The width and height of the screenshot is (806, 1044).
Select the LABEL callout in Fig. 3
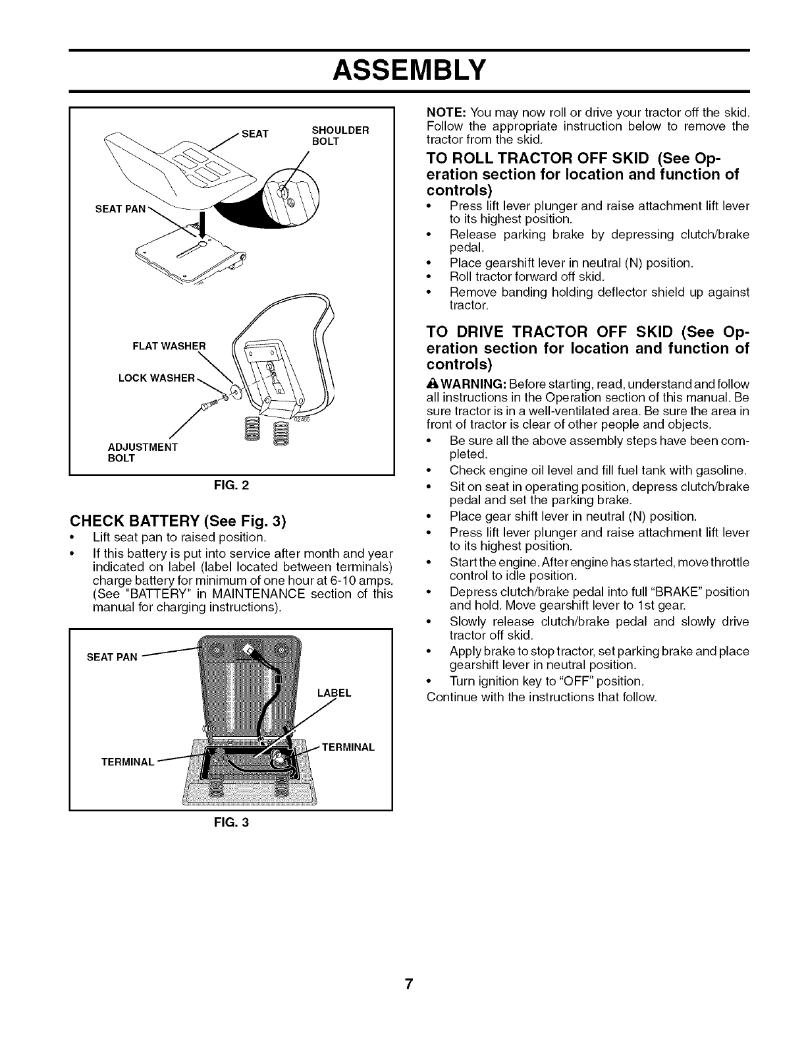(x=335, y=693)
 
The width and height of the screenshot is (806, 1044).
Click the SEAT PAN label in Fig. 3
(x=113, y=657)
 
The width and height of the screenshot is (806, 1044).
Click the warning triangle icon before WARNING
(x=432, y=384)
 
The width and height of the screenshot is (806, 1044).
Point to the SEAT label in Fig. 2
(x=255, y=134)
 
